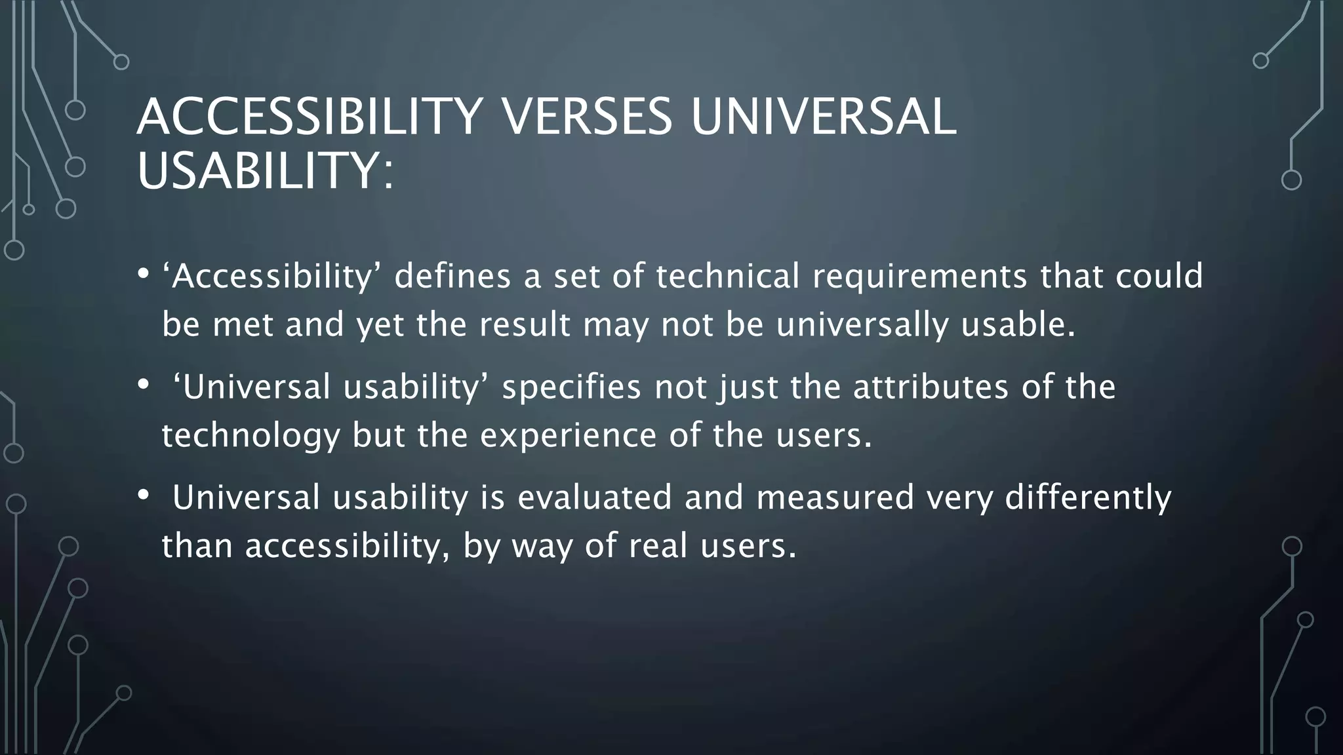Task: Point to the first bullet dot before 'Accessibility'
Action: pyautogui.click(x=144, y=274)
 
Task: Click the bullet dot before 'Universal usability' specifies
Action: pyautogui.click(x=144, y=385)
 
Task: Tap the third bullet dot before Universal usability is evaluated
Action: pyautogui.click(x=144, y=496)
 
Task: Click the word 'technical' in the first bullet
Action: pyautogui.click(x=727, y=275)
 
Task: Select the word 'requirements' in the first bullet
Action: pyautogui.click(x=919, y=277)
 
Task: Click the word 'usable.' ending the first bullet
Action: pyautogui.click(x=1018, y=324)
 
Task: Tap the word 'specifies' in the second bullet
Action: pyautogui.click(x=571, y=387)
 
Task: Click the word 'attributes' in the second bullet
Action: pyautogui.click(x=931, y=387)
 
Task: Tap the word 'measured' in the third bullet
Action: pyautogui.click(x=835, y=497)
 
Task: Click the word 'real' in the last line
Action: pyautogui.click(x=658, y=545)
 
